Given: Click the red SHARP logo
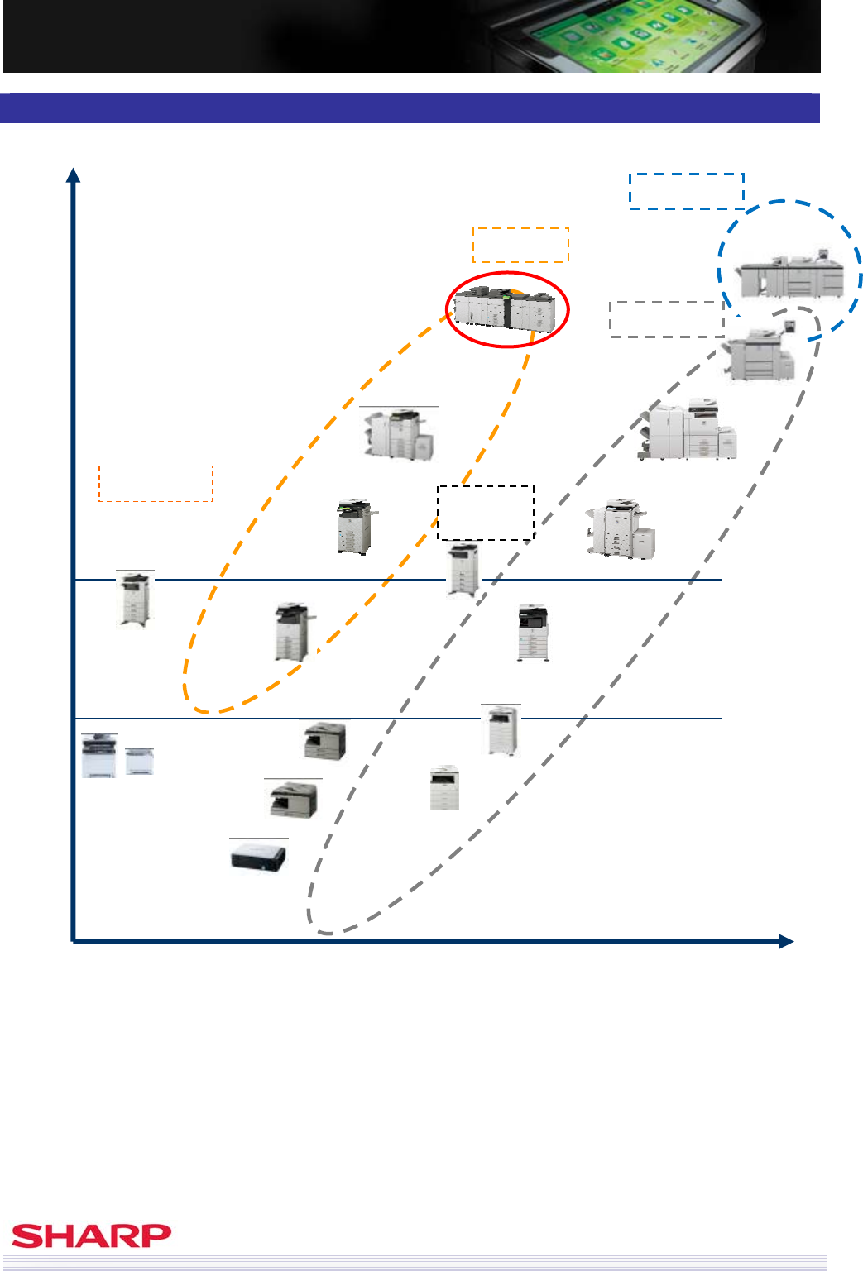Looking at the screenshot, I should [x=91, y=1236].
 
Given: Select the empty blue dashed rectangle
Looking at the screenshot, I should [x=686, y=191].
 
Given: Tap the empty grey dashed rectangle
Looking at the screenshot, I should [x=667, y=319].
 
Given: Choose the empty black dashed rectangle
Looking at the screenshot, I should [x=486, y=513].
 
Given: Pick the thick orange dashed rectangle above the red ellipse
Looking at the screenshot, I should [x=520, y=245].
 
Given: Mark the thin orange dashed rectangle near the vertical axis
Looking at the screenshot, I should [x=156, y=484].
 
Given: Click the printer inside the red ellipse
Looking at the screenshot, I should [x=505, y=308].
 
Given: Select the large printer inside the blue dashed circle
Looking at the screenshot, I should [x=790, y=274].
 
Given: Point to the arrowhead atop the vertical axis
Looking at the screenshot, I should [x=74, y=174].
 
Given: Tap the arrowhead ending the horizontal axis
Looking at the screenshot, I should [x=785, y=941].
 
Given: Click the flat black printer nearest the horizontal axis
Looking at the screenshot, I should [x=258, y=856].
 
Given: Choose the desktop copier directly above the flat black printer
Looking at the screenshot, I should [x=293, y=800].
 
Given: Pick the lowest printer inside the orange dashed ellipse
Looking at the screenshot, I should [x=292, y=633].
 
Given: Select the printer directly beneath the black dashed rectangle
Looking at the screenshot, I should [x=463, y=569].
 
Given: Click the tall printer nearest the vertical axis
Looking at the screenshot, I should [x=134, y=599].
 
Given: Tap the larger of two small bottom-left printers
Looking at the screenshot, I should [x=99, y=757].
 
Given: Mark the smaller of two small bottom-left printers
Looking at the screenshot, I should [x=139, y=762].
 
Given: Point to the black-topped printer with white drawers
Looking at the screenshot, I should [x=533, y=633].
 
